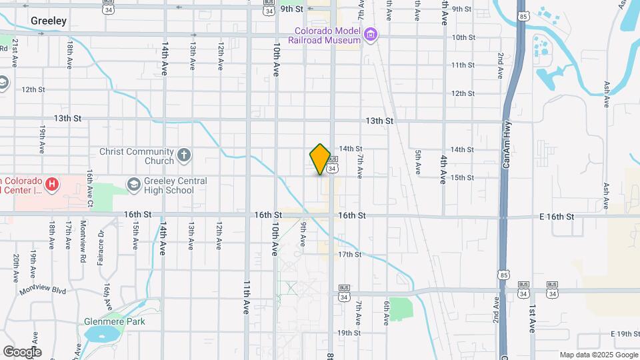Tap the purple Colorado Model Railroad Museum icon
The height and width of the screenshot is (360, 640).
pos(371,33)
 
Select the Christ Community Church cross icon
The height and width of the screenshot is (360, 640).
pos(184,156)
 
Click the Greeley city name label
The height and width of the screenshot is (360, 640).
pos(49,21)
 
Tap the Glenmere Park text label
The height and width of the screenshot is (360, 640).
pos(114,321)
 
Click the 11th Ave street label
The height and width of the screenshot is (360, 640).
pos(245,297)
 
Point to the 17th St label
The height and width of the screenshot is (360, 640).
pos(349,255)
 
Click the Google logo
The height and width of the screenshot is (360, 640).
pos(22,352)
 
